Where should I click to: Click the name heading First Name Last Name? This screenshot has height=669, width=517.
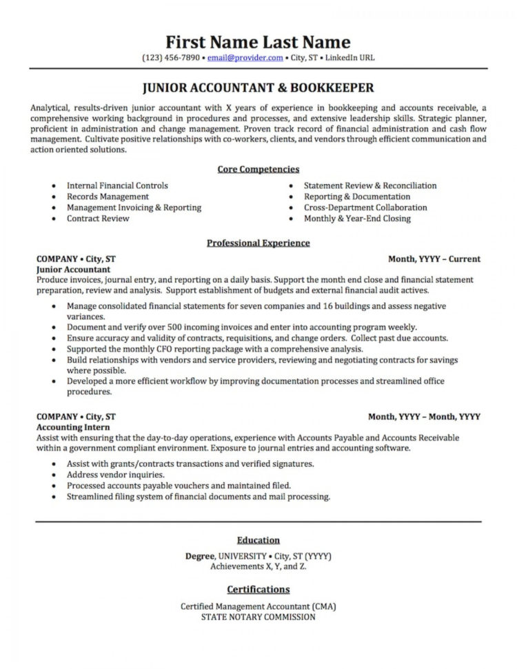pyautogui.click(x=258, y=41)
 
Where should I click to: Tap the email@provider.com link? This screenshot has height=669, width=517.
pyautogui.click(x=245, y=58)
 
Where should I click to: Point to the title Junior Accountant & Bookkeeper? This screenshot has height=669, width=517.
pyautogui.click(x=258, y=88)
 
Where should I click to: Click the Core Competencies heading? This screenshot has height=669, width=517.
pyautogui.click(x=258, y=169)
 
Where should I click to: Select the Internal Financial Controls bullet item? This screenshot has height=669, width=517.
pyautogui.click(x=117, y=186)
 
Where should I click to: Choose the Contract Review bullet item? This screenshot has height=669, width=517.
pyautogui.click(x=98, y=219)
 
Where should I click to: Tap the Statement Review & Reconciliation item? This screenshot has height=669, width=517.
pyautogui.click(x=370, y=186)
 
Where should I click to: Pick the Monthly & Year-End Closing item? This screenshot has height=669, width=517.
pyautogui.click(x=357, y=219)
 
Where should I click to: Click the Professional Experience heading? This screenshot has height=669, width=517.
pyautogui.click(x=258, y=243)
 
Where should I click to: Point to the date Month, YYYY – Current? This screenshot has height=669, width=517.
pyautogui.click(x=434, y=259)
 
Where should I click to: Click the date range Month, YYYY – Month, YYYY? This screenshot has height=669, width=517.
pyautogui.click(x=424, y=417)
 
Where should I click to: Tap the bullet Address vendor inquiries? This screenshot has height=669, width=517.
pyautogui.click(x=116, y=475)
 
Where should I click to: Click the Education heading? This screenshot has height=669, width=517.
pyautogui.click(x=258, y=540)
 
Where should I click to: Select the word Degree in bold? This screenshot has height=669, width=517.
pyautogui.click(x=201, y=556)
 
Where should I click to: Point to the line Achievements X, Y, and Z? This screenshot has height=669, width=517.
pyautogui.click(x=258, y=566)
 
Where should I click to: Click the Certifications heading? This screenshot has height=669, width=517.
pyautogui.click(x=258, y=590)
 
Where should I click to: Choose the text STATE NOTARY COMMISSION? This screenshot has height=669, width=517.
pyautogui.click(x=258, y=617)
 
